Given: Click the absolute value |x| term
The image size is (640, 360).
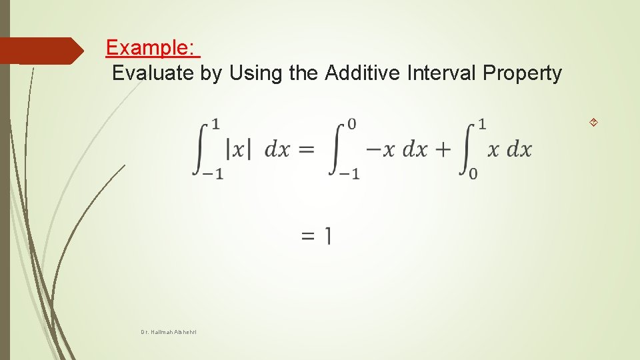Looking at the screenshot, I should [x=239, y=149].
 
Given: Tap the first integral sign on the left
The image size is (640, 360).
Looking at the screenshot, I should [x=201, y=148].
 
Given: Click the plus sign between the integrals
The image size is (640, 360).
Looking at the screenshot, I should [x=443, y=149].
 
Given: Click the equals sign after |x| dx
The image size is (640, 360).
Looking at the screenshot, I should [x=305, y=149].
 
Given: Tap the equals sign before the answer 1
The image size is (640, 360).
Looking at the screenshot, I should [x=308, y=235].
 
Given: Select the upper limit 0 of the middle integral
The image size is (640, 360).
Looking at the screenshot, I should [x=352, y=124].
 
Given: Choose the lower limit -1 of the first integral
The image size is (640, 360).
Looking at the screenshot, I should [x=213, y=173].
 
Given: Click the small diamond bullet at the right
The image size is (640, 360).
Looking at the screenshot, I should [x=593, y=122].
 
